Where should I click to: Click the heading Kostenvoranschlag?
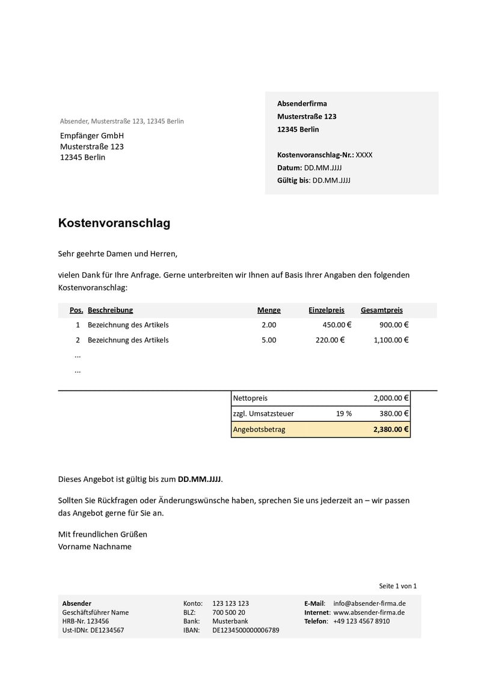114,223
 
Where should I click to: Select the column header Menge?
269,310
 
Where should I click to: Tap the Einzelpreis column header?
326,310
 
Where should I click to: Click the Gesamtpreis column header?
382,310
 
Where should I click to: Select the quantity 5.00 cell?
269,340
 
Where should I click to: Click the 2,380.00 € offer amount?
391,430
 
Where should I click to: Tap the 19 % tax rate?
344,413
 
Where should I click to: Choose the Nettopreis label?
250,398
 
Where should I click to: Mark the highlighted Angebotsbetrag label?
259,430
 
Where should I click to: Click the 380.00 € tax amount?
394,413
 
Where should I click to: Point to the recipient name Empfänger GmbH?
92,136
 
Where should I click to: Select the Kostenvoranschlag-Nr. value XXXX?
364,155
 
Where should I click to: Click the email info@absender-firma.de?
369,603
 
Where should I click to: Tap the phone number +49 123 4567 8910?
361,621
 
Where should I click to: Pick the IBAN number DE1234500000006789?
246,630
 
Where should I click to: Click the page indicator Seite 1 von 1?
397,586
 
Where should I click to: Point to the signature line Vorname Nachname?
95,547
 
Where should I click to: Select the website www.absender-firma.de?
369,612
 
